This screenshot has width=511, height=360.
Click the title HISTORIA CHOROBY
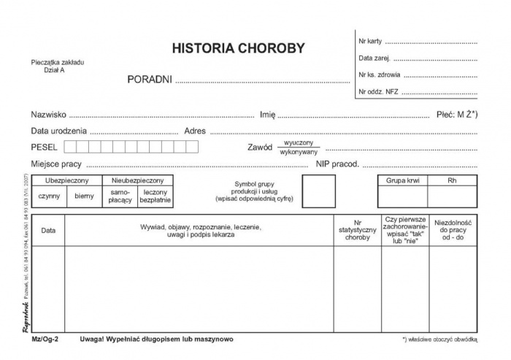click(238, 49)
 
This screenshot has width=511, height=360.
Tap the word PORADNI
click(149, 79)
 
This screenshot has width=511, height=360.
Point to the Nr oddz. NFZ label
click(377, 92)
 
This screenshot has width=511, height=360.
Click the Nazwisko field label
click(49, 114)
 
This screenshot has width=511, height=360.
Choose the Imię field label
click(267, 114)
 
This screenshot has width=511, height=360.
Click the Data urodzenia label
click(59, 131)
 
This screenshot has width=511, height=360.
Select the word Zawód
click(260, 147)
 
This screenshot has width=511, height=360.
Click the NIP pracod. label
click(337, 164)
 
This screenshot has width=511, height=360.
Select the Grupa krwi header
click(401, 180)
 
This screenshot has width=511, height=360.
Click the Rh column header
click(452, 180)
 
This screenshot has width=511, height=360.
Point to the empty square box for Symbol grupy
click(318, 191)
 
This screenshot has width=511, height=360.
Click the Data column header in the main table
click(48, 230)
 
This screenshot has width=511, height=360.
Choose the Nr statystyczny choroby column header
click(357, 231)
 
